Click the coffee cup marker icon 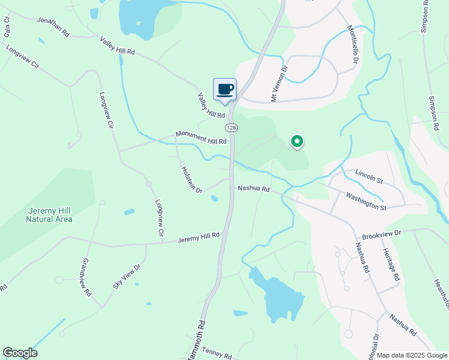coord(225,89)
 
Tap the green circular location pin coord(297,142)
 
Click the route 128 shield coord(231,128)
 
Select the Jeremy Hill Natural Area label coord(49,215)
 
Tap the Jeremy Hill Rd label coord(198,238)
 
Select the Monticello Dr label coord(354,45)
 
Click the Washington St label coord(366,200)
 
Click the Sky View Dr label coord(126,275)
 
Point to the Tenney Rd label coord(217,353)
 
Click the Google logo coord(20,353)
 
